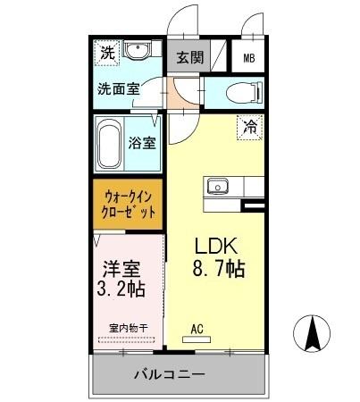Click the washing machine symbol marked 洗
coord(106,53)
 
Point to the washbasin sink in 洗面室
coord(138,50)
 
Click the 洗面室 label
coord(120,88)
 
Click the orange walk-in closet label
coord(129,204)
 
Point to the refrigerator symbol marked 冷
coord(251,128)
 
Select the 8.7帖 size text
coord(217,267)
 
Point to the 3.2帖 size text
coord(121,289)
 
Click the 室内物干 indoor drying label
coord(124,328)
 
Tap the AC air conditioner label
coord(197,327)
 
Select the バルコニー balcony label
coord(171,373)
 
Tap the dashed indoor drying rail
coord(124,339)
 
